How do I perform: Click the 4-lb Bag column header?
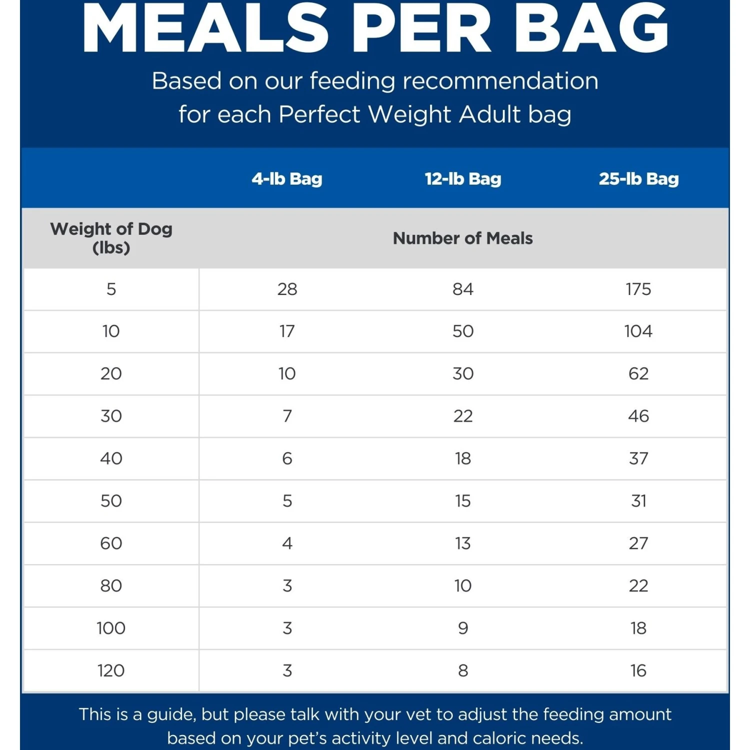[x=286, y=179]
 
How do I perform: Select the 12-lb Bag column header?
[x=462, y=179]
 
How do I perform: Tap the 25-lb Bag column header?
[x=638, y=179]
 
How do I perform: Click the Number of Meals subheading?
[x=462, y=238]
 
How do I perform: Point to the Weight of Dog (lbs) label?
[x=111, y=238]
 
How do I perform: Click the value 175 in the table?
[x=638, y=289]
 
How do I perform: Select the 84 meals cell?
[x=462, y=289]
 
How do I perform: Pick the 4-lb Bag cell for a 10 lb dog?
[x=287, y=331]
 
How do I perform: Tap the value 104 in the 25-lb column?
[x=638, y=331]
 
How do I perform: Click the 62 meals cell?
[x=638, y=373]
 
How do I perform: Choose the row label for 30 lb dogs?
[x=111, y=416]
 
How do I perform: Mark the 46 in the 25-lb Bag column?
[x=638, y=416]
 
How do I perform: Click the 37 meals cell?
[x=638, y=458]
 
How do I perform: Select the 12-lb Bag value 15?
[x=462, y=501]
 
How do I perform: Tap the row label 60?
[x=111, y=543]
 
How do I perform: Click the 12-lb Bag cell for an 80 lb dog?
[x=462, y=585]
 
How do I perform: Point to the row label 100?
[x=111, y=628]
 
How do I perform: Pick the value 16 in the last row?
[x=638, y=670]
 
